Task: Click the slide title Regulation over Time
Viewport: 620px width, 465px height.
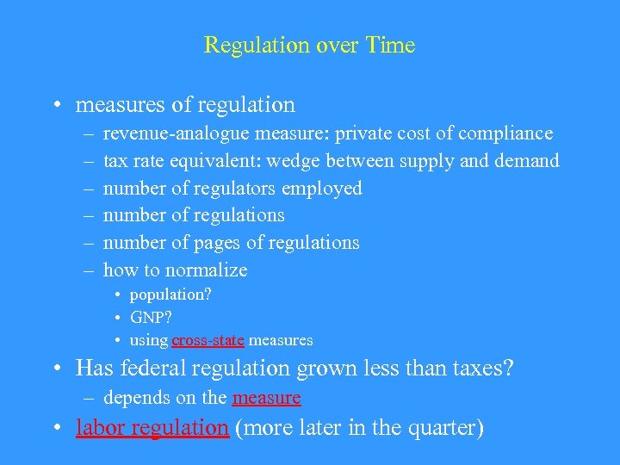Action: point(309,46)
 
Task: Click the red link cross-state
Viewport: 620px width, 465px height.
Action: point(208,340)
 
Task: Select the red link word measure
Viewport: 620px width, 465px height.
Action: point(266,398)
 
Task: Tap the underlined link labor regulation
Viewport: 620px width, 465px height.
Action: point(152,428)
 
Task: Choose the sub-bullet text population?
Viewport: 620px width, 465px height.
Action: point(170,294)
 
